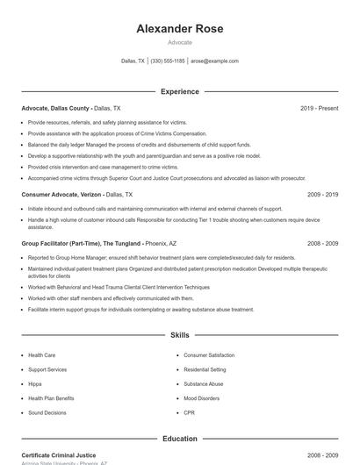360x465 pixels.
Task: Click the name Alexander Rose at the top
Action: coord(180,29)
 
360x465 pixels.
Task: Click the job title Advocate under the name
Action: coord(180,42)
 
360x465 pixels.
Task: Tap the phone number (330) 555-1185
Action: coord(168,61)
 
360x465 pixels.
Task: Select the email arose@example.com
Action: coord(214,61)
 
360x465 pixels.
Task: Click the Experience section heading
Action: coord(180,91)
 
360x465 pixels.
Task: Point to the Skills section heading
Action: coord(180,335)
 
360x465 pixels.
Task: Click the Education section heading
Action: coord(180,438)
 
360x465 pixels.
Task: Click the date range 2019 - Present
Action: coord(319,108)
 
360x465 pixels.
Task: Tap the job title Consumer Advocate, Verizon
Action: coord(61,194)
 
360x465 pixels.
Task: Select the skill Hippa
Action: coord(36,383)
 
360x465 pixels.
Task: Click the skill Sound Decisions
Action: coord(47,412)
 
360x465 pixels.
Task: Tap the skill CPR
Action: coord(190,412)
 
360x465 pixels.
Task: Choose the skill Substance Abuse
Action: coord(204,383)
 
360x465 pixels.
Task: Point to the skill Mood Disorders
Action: coord(202,398)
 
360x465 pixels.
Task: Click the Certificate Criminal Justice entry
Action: coord(59,456)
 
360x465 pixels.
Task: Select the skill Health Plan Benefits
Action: coord(51,398)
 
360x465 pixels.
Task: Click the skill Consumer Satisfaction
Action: coord(209,355)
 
